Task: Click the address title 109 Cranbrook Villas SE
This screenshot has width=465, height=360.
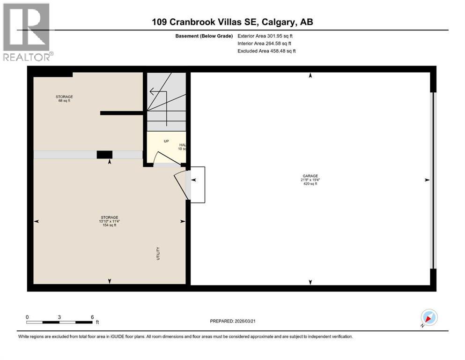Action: pyautogui.click(x=232, y=22)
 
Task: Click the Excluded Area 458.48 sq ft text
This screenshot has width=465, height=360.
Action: pyautogui.click(x=266, y=51)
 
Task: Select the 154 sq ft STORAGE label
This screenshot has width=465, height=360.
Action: pyautogui.click(x=109, y=221)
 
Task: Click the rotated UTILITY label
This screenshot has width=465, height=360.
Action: pyautogui.click(x=158, y=253)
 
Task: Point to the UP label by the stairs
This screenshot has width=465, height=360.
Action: pyautogui.click(x=166, y=141)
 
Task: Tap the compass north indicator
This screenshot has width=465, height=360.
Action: pyautogui.click(x=428, y=318)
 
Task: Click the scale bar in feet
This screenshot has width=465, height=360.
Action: pyautogui.click(x=59, y=322)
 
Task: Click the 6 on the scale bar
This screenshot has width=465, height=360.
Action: pyautogui.click(x=92, y=317)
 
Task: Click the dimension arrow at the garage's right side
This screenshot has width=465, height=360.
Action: pyautogui.click(x=427, y=180)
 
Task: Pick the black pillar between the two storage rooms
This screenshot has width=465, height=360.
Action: pyautogui.click(x=104, y=155)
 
